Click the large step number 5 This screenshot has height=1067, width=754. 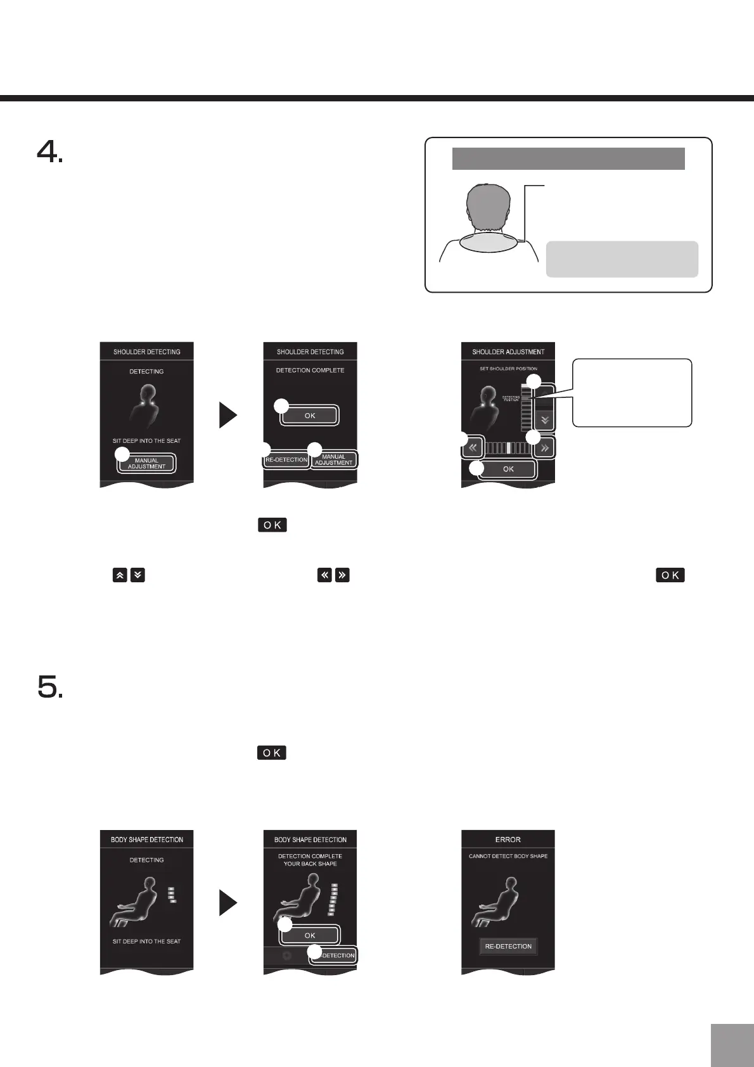click(x=49, y=686)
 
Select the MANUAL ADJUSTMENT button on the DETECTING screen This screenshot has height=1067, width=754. click(x=146, y=463)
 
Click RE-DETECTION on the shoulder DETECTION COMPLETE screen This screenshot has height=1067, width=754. click(x=286, y=459)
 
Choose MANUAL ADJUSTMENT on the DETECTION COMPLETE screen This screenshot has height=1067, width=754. click(x=334, y=459)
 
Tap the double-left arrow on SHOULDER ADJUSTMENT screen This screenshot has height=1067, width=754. click(x=473, y=448)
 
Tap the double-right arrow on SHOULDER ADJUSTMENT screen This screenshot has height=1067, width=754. click(x=545, y=448)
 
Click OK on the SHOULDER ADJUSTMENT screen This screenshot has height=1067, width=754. click(x=508, y=469)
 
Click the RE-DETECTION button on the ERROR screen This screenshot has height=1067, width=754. click(x=508, y=946)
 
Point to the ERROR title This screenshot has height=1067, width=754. click(x=508, y=840)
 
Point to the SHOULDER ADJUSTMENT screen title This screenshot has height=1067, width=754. click(x=508, y=352)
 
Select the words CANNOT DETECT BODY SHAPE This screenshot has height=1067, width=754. click(x=508, y=856)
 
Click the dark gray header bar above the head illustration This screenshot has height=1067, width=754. click(x=568, y=158)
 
